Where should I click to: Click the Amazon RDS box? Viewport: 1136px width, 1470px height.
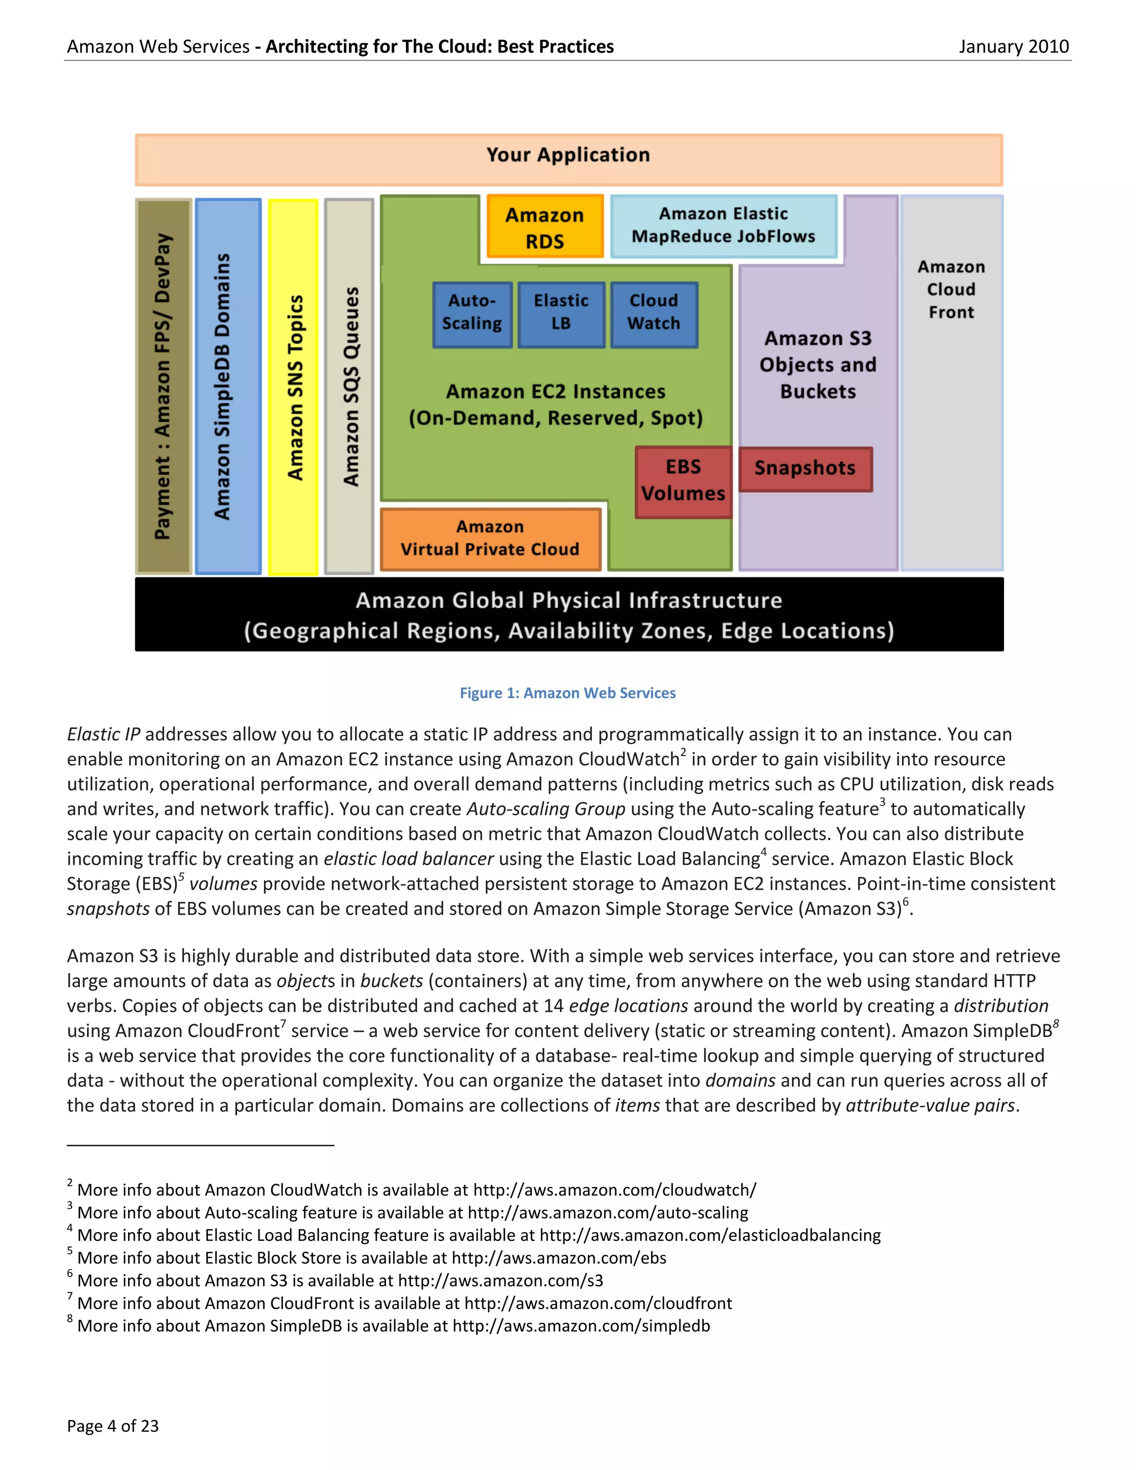pos(545,227)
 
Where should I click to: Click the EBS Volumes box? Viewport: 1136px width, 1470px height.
pos(683,481)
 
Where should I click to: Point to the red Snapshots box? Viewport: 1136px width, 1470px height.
pos(805,469)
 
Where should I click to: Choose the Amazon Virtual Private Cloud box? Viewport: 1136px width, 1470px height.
pos(490,539)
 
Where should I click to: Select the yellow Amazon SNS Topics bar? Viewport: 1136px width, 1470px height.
pos(294,387)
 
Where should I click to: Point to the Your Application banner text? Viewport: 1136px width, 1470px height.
pos(568,155)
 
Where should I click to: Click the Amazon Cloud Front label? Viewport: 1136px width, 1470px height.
pos(951,290)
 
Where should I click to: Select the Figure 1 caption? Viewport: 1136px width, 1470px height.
pos(567,693)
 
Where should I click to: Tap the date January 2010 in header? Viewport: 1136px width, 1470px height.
pos(1013,47)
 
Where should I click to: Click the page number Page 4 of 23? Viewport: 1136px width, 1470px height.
pos(113,1426)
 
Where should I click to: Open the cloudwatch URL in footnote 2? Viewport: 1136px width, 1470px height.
pos(615,1190)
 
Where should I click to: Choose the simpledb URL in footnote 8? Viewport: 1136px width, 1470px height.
pos(581,1326)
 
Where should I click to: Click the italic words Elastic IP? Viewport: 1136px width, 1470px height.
pos(104,734)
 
